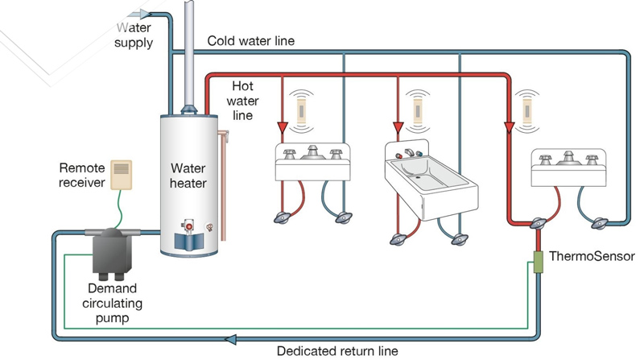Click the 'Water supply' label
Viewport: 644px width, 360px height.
pos(133,35)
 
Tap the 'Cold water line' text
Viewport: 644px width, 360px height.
pos(250,40)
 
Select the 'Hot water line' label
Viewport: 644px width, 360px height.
pos(242,100)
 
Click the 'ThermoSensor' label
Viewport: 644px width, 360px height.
pos(592,257)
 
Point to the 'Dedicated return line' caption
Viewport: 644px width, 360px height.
pos(337,351)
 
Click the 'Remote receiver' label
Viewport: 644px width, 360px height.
pos(82,176)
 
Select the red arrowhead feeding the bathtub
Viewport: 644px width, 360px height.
pos(398,127)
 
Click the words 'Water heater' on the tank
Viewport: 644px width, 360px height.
pos(188,176)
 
